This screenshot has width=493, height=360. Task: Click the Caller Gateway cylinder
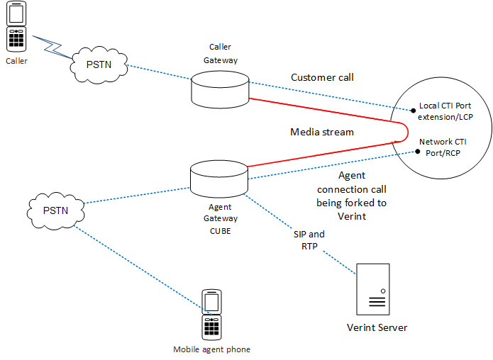(219, 89)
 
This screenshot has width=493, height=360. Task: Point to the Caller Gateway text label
(220, 54)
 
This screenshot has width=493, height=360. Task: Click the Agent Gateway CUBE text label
(221, 218)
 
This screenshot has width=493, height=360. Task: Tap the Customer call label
(322, 77)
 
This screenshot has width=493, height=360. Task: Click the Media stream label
(321, 132)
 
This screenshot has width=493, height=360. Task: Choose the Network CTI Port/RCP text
(443, 147)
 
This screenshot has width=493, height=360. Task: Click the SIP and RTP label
(309, 240)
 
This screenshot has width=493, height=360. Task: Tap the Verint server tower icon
(373, 288)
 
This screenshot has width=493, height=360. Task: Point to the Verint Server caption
(377, 327)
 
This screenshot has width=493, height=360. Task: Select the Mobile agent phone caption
(212, 349)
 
